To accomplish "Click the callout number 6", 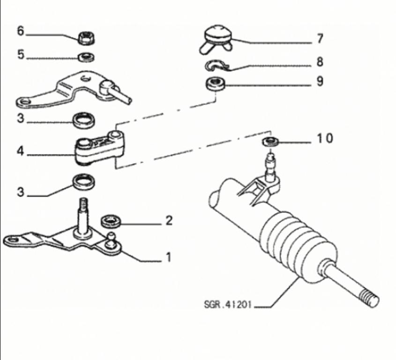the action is pyautogui.click(x=21, y=31).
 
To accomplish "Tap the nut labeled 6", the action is pyautogui.click(x=86, y=38).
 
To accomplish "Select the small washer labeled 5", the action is pyautogui.click(x=86, y=57).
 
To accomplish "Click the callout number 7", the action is pyautogui.click(x=320, y=38).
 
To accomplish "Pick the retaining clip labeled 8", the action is pyautogui.click(x=217, y=66).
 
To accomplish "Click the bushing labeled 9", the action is pyautogui.click(x=216, y=84).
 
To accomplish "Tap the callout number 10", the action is pyautogui.click(x=325, y=138).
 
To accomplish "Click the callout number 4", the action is pyautogui.click(x=21, y=151).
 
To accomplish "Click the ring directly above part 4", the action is pyautogui.click(x=84, y=120).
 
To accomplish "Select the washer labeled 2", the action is pyautogui.click(x=111, y=222).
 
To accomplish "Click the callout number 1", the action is pyautogui.click(x=168, y=257).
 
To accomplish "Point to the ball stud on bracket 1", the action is pyautogui.click(x=111, y=241).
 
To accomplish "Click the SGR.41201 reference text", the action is pyautogui.click(x=228, y=304).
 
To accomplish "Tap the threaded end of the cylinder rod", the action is pyautogui.click(x=369, y=298).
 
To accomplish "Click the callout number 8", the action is pyautogui.click(x=320, y=62).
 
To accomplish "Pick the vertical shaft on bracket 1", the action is pyautogui.click(x=82, y=216).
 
